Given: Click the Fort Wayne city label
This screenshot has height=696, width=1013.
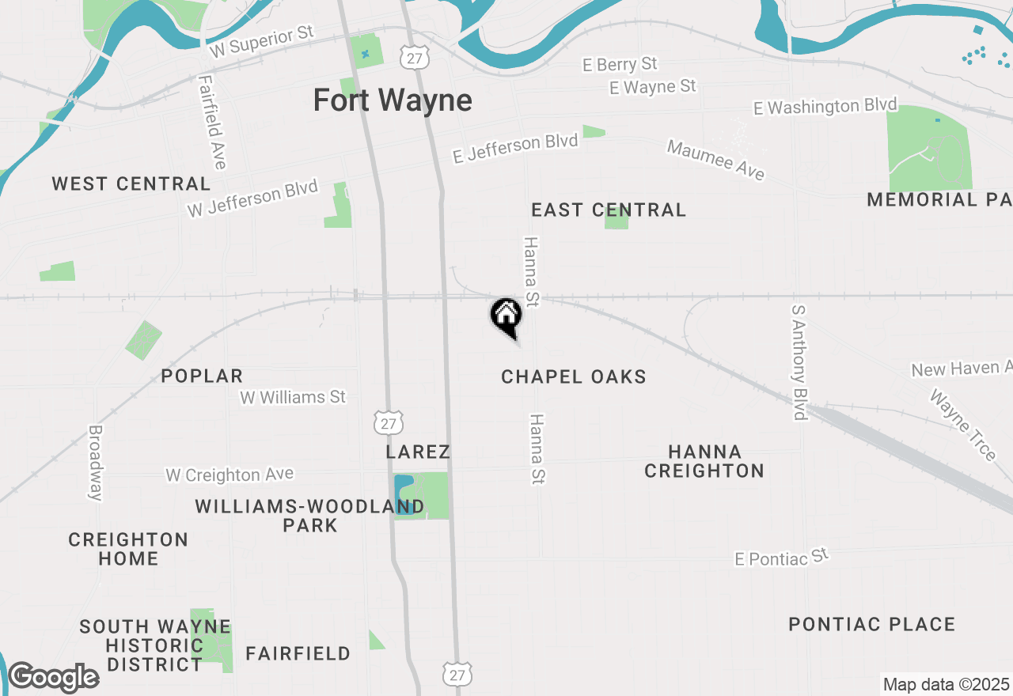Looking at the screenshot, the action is coord(393,100).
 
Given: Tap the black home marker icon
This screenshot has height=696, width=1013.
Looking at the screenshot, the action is coord(506,316).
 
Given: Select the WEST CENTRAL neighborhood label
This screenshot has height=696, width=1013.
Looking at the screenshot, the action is coord(131,184).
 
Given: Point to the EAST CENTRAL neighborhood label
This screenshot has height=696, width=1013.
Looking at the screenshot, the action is coord(609,210).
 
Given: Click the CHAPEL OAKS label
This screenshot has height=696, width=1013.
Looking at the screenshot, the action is coord(574,376).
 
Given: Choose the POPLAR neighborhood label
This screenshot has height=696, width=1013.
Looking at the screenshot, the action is coord(202,376).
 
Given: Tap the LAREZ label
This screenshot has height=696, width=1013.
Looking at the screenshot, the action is coord(418,452).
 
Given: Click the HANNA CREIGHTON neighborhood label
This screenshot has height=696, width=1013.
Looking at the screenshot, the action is coord(704,461).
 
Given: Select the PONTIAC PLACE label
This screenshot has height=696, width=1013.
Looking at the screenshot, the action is coord(872,624).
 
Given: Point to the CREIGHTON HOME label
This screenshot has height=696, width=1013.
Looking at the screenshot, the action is coord(128,549).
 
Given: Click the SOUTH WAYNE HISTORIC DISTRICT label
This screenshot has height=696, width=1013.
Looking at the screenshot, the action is coord(155,645).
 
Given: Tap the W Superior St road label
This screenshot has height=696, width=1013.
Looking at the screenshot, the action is coord(262,41).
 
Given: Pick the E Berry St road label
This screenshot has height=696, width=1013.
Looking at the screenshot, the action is coord(620,63).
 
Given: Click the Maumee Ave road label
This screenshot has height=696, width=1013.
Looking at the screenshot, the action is coord(716,160).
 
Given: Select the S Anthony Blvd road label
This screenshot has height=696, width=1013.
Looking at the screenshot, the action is coord(799,362).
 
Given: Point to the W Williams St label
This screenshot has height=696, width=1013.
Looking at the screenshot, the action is coord(293,396).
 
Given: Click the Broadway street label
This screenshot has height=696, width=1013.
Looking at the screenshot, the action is coord(96,463).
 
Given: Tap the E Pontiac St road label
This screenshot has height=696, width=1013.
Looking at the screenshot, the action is coord(780,557).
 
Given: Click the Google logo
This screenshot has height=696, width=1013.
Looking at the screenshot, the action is coord(53,678).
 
